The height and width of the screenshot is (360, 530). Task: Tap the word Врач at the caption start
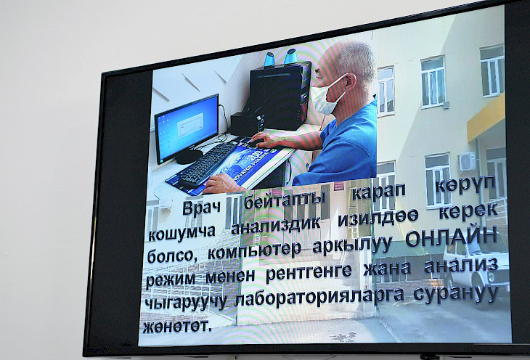[x=202, y=207]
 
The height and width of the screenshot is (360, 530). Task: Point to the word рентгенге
[x=309, y=272]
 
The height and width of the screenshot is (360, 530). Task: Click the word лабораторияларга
[x=319, y=298]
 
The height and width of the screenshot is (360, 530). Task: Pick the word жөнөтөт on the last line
[x=177, y=326]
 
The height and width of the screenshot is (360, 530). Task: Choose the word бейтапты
[x=285, y=201]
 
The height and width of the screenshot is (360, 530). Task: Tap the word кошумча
[x=182, y=232]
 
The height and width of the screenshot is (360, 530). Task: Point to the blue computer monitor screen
[x=187, y=128]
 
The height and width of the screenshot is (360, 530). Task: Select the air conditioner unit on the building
[x=466, y=161]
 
